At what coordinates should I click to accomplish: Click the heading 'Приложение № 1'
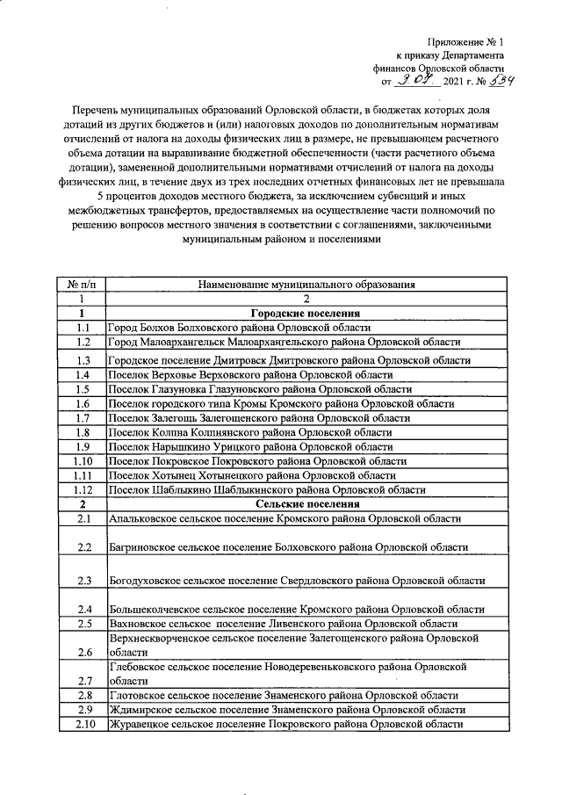tap(466, 41)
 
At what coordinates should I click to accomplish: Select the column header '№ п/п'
tap(81, 284)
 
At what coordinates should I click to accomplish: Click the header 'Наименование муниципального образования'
tap(306, 284)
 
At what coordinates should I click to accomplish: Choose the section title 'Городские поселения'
tap(306, 313)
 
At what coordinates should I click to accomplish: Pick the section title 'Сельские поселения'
tap(306, 504)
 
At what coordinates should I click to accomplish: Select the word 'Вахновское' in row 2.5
tap(140, 624)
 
